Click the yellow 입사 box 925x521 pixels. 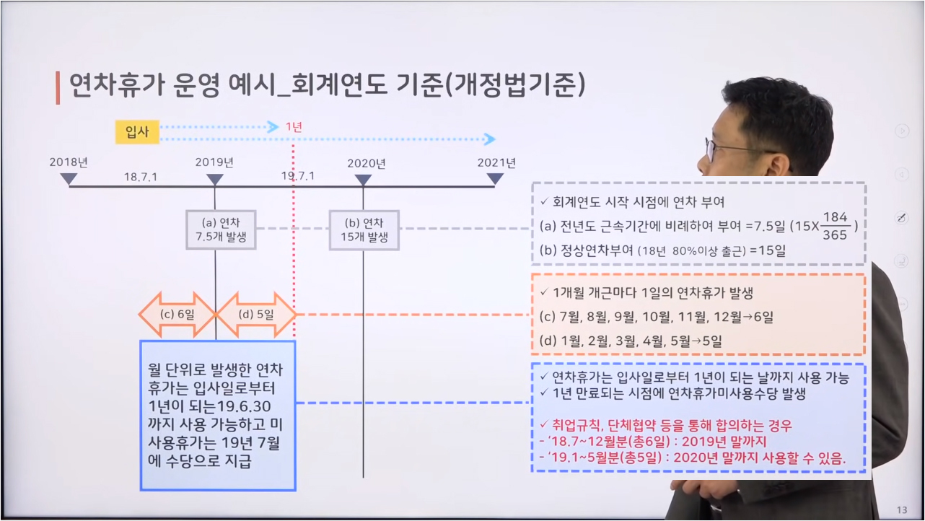click(137, 132)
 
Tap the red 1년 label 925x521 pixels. click(294, 127)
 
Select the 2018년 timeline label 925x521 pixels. click(69, 162)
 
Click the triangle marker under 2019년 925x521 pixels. click(215, 180)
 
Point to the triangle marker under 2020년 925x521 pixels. click(363, 180)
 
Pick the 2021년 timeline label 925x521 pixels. click(496, 162)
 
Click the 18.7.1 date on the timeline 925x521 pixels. click(141, 177)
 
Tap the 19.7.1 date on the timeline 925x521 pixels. click(298, 176)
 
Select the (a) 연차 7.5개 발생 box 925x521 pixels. click(221, 230)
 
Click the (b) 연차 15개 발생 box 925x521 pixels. click(364, 230)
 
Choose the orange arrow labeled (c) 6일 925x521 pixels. click(177, 315)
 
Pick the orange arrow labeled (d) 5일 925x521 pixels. click(256, 315)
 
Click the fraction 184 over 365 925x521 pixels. click(835, 226)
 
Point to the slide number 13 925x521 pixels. click(902, 510)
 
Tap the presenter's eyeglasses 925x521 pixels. click(727, 149)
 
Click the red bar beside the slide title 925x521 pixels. click(58, 87)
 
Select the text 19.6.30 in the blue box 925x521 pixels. click(244, 406)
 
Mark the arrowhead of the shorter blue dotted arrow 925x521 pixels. click(273, 127)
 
